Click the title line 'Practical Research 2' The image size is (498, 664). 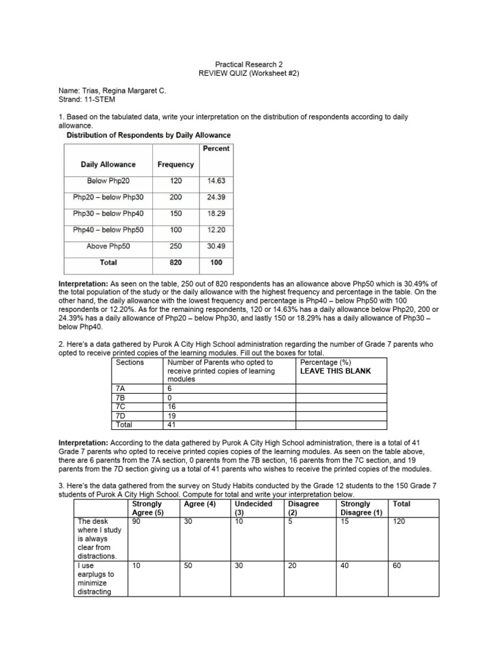tap(249, 64)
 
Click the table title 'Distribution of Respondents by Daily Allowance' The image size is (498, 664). tap(148, 135)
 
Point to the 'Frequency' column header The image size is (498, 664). tap(176, 165)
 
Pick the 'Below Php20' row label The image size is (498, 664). tap(108, 181)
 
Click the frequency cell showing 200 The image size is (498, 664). tap(176, 197)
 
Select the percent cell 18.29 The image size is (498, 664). tap(216, 213)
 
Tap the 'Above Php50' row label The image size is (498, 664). tap(108, 246)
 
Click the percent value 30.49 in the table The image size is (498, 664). tap(216, 246)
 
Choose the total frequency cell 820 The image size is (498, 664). tap(176, 263)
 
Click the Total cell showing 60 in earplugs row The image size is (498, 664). tap(397, 565)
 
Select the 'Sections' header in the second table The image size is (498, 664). tap(130, 362)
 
